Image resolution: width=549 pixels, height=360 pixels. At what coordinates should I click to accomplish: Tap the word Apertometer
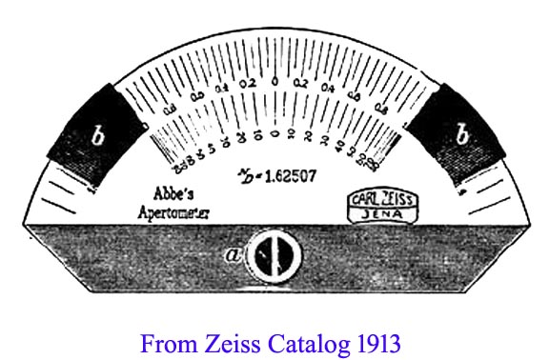tap(175, 208)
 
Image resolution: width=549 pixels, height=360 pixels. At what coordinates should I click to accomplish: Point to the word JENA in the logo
tap(378, 217)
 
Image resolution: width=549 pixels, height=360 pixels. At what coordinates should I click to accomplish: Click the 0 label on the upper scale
tap(276, 83)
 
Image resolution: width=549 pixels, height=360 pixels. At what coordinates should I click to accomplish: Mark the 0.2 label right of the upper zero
tap(303, 84)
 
